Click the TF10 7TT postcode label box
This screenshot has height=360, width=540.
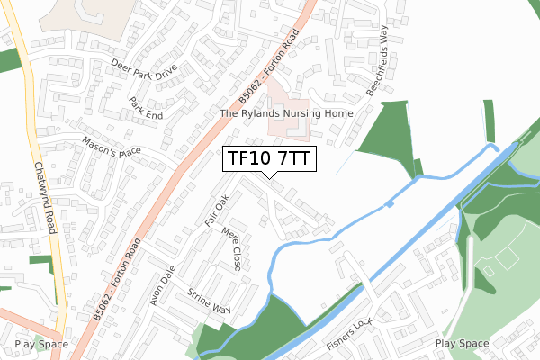[x=269, y=158]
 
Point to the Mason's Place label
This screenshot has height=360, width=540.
[x=112, y=147]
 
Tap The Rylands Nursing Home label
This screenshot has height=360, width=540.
[x=287, y=114]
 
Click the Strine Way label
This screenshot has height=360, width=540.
[x=208, y=300]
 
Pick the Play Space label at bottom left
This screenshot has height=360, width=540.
[x=41, y=344]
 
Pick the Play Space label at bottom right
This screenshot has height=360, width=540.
[x=462, y=344]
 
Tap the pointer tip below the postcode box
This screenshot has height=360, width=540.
[x=269, y=176]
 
